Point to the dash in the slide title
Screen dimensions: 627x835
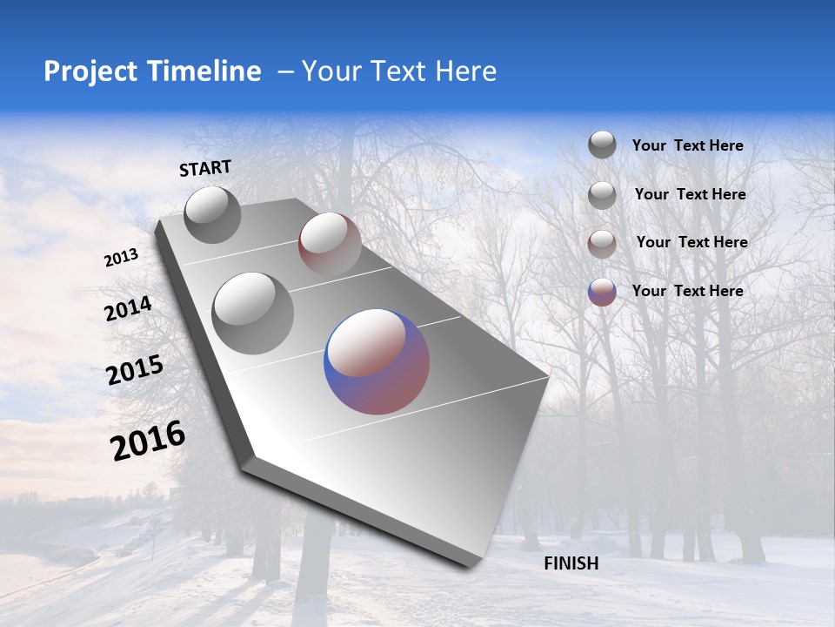tap(284, 71)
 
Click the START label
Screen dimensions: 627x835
tap(205, 168)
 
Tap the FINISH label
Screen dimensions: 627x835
tap(571, 563)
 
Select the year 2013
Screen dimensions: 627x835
tap(122, 258)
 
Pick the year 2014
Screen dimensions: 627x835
tap(128, 309)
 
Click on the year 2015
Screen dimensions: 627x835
tap(135, 370)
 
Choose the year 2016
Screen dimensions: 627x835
tap(148, 440)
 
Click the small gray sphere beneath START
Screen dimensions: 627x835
tap(212, 214)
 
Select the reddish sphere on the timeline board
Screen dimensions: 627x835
tap(330, 244)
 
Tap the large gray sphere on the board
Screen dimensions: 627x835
tap(253, 313)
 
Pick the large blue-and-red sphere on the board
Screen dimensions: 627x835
tap(377, 361)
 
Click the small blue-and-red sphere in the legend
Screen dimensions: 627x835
tap(602, 292)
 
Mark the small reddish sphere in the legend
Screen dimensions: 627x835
tap(602, 243)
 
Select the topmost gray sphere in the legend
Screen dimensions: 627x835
tap(602, 145)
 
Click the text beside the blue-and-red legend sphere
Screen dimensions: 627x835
tap(687, 291)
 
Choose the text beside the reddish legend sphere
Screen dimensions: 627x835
tap(691, 242)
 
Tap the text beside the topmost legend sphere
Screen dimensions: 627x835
tap(687, 145)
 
